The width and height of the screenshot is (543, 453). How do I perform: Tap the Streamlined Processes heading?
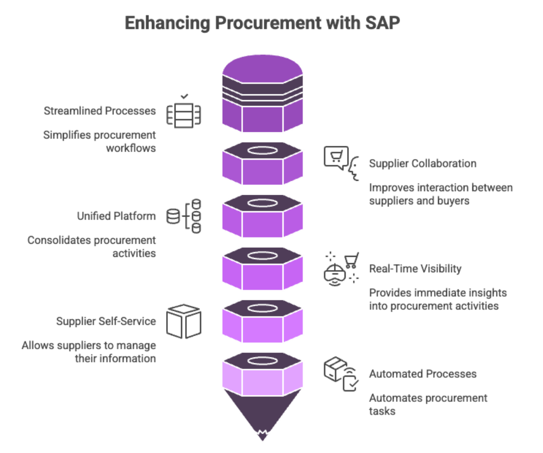100,111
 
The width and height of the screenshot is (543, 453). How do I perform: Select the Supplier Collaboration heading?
423,164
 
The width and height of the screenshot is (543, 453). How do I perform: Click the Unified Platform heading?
116,216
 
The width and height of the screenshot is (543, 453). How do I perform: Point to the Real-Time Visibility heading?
415,269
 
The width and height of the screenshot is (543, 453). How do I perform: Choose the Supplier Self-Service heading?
106,321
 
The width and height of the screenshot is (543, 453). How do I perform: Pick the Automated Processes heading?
423,374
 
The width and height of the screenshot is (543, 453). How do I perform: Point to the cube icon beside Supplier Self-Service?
184,321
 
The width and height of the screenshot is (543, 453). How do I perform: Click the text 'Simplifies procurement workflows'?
100,141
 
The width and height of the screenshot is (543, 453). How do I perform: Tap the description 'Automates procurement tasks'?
428,405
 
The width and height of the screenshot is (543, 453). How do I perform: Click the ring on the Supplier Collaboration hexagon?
262,150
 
